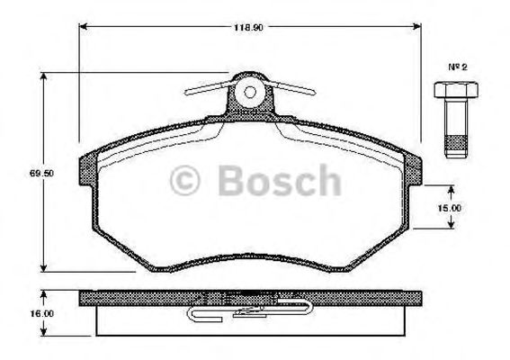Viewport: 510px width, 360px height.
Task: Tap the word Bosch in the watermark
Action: point(280,184)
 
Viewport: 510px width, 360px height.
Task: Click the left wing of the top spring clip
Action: point(210,87)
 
